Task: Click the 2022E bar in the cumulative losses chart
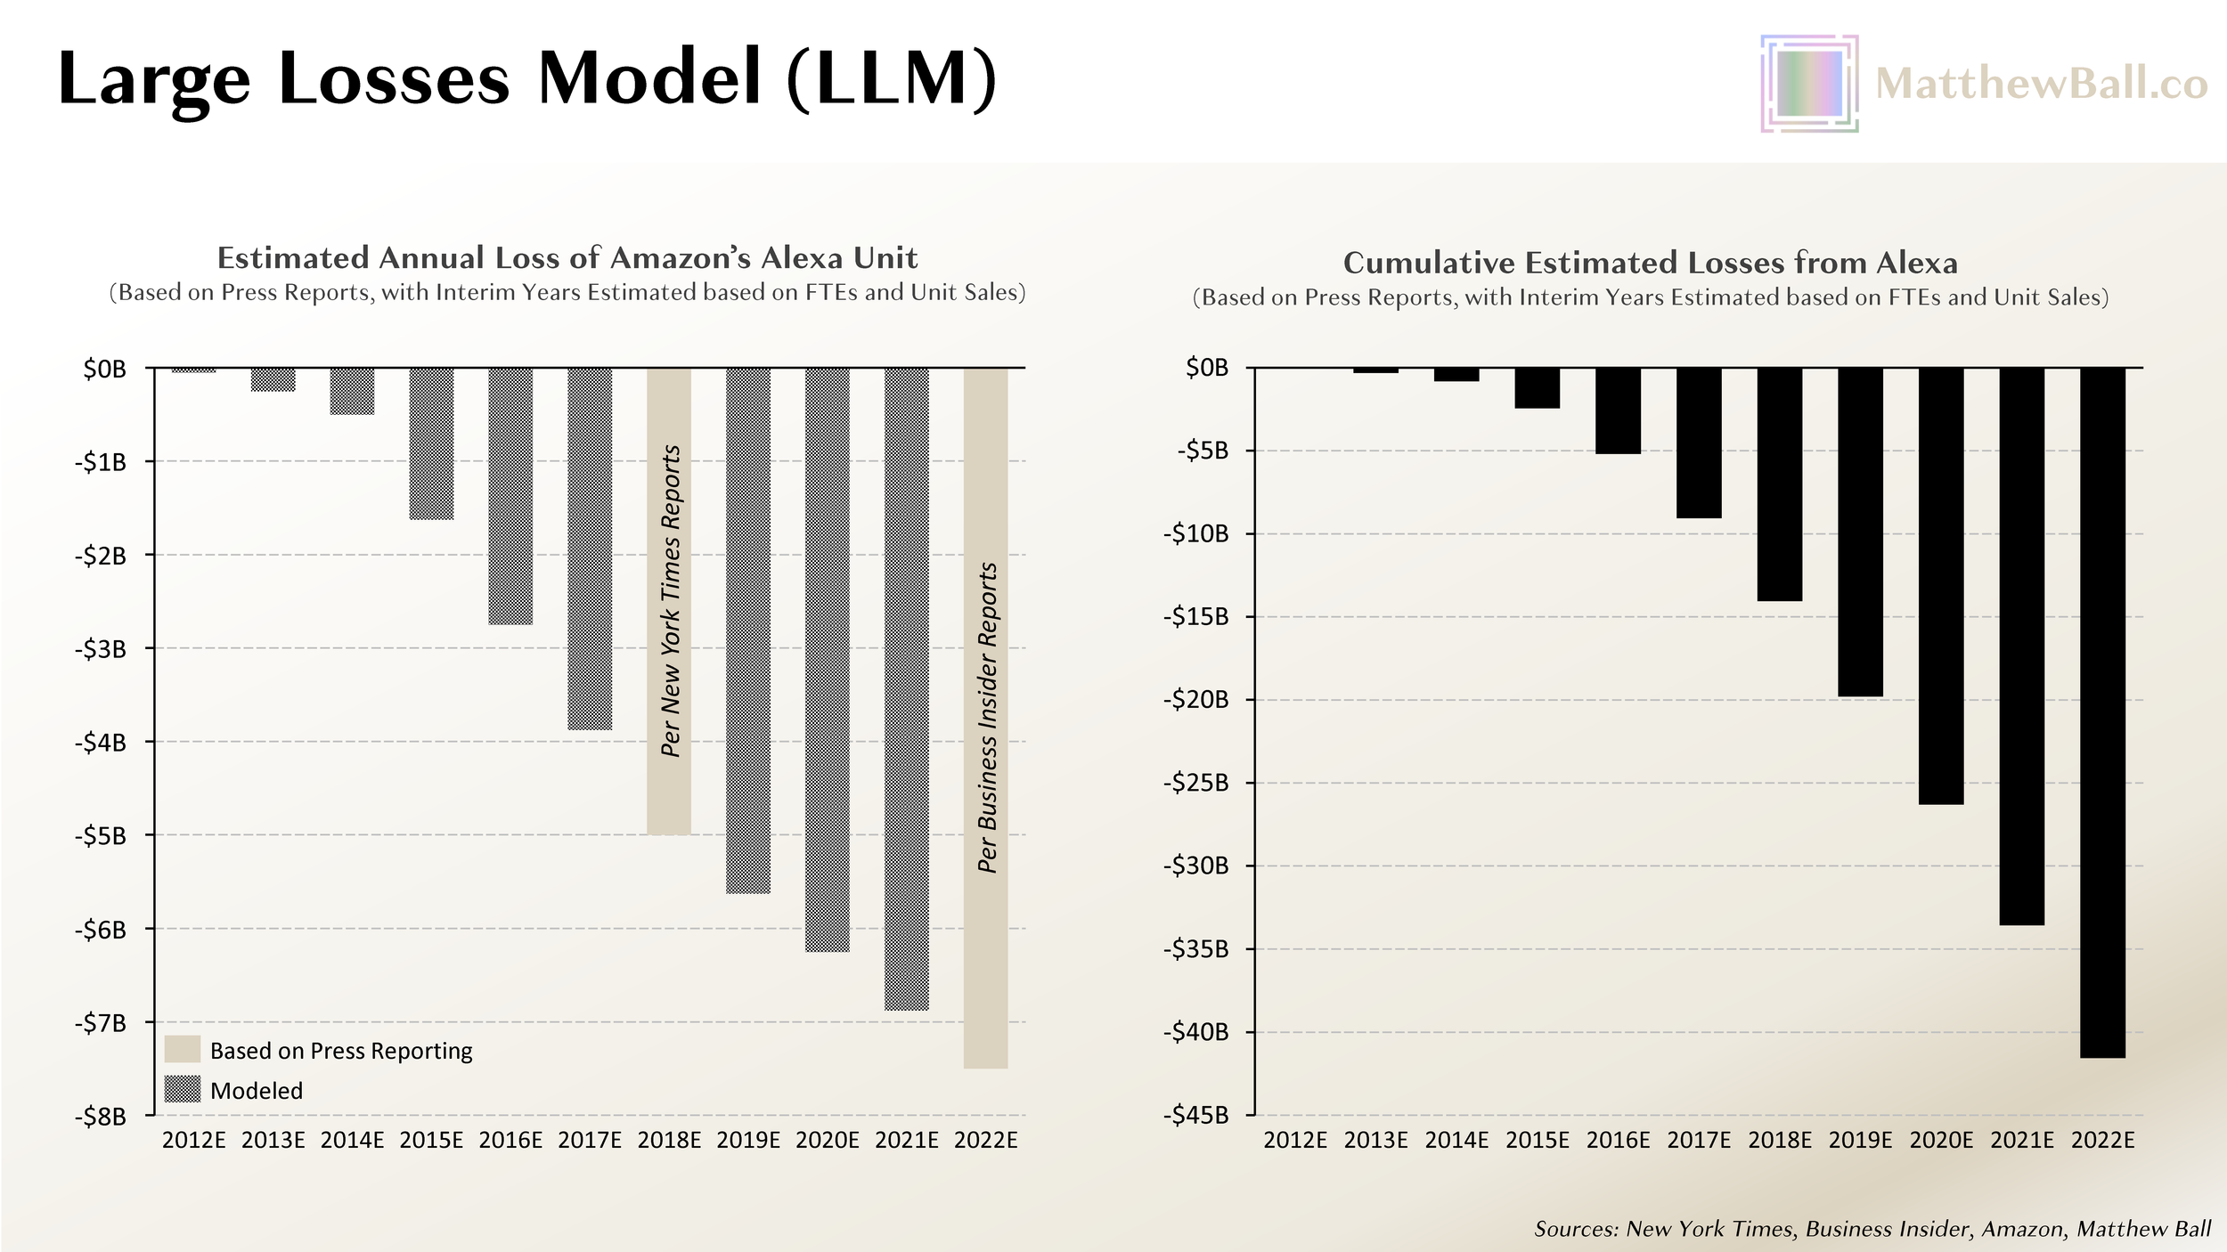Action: [2102, 712]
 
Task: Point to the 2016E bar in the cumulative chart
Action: [1618, 411]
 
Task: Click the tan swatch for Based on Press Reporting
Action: [183, 1050]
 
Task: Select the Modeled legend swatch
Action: [183, 1090]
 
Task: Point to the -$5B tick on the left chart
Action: [100, 836]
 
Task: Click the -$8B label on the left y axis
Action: [100, 1117]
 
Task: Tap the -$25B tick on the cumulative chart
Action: [1195, 783]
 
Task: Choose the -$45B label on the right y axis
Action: [1195, 1115]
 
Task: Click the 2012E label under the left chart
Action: [193, 1141]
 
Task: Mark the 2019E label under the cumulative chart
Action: [1860, 1141]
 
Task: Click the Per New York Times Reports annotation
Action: [671, 601]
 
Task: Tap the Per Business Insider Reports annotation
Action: [987, 718]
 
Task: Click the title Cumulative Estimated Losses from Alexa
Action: [1650, 263]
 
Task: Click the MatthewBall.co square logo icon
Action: [1809, 84]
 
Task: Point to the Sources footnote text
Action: [1872, 1229]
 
